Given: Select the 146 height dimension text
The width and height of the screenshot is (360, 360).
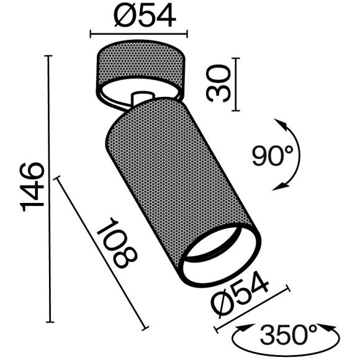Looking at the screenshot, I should pos(31,186).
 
